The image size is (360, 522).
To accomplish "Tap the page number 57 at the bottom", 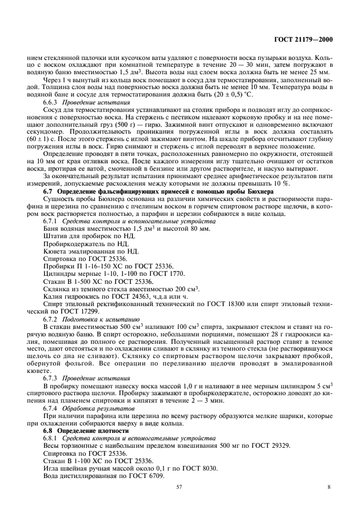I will (x=179, y=487).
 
